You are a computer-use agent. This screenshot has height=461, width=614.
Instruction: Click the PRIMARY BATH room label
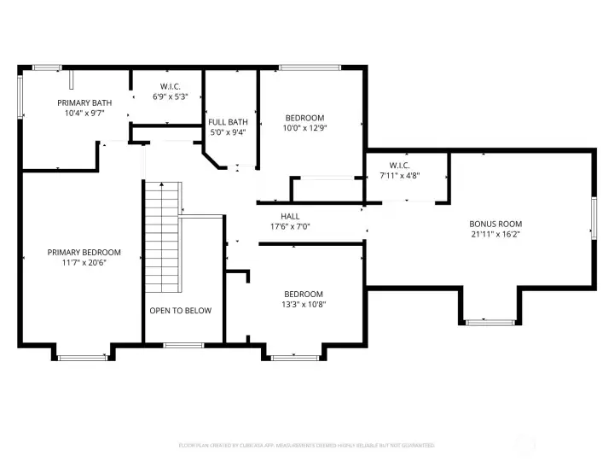tap(84, 102)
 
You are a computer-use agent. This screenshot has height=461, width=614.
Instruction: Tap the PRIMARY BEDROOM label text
tap(84, 252)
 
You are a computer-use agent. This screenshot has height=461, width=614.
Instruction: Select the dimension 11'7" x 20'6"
tap(84, 262)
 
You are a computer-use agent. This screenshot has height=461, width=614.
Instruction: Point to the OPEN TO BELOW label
tap(180, 310)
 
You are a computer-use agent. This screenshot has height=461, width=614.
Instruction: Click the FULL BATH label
tap(228, 122)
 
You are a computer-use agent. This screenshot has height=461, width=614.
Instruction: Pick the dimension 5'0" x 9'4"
tap(228, 132)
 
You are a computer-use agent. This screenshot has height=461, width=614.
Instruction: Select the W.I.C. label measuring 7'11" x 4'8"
tap(399, 165)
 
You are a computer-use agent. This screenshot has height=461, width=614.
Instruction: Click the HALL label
tap(289, 216)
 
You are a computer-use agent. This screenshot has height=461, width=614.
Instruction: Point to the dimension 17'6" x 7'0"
tap(289, 226)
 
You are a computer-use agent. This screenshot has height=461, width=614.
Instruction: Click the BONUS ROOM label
tap(495, 224)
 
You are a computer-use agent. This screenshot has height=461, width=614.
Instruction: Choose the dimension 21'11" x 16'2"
tap(495, 234)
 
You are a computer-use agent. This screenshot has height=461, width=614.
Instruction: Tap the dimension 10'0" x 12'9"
tap(304, 128)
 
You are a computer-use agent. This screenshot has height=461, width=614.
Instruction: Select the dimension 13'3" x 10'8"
tap(304, 304)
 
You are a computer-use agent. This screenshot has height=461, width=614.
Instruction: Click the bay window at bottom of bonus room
tap(490, 322)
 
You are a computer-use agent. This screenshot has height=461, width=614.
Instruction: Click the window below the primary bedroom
tap(82, 357)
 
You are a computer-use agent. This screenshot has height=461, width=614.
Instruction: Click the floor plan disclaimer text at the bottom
tap(306, 446)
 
